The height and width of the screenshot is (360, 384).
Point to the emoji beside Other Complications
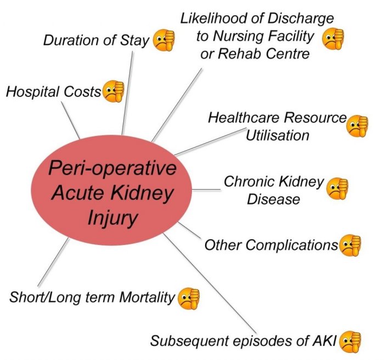[350, 244]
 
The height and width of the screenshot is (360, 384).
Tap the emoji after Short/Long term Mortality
[188, 298]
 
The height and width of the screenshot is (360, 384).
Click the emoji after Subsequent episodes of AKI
[351, 340]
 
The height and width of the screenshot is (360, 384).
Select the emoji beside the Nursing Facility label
[332, 39]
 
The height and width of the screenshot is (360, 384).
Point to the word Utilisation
[278, 134]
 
